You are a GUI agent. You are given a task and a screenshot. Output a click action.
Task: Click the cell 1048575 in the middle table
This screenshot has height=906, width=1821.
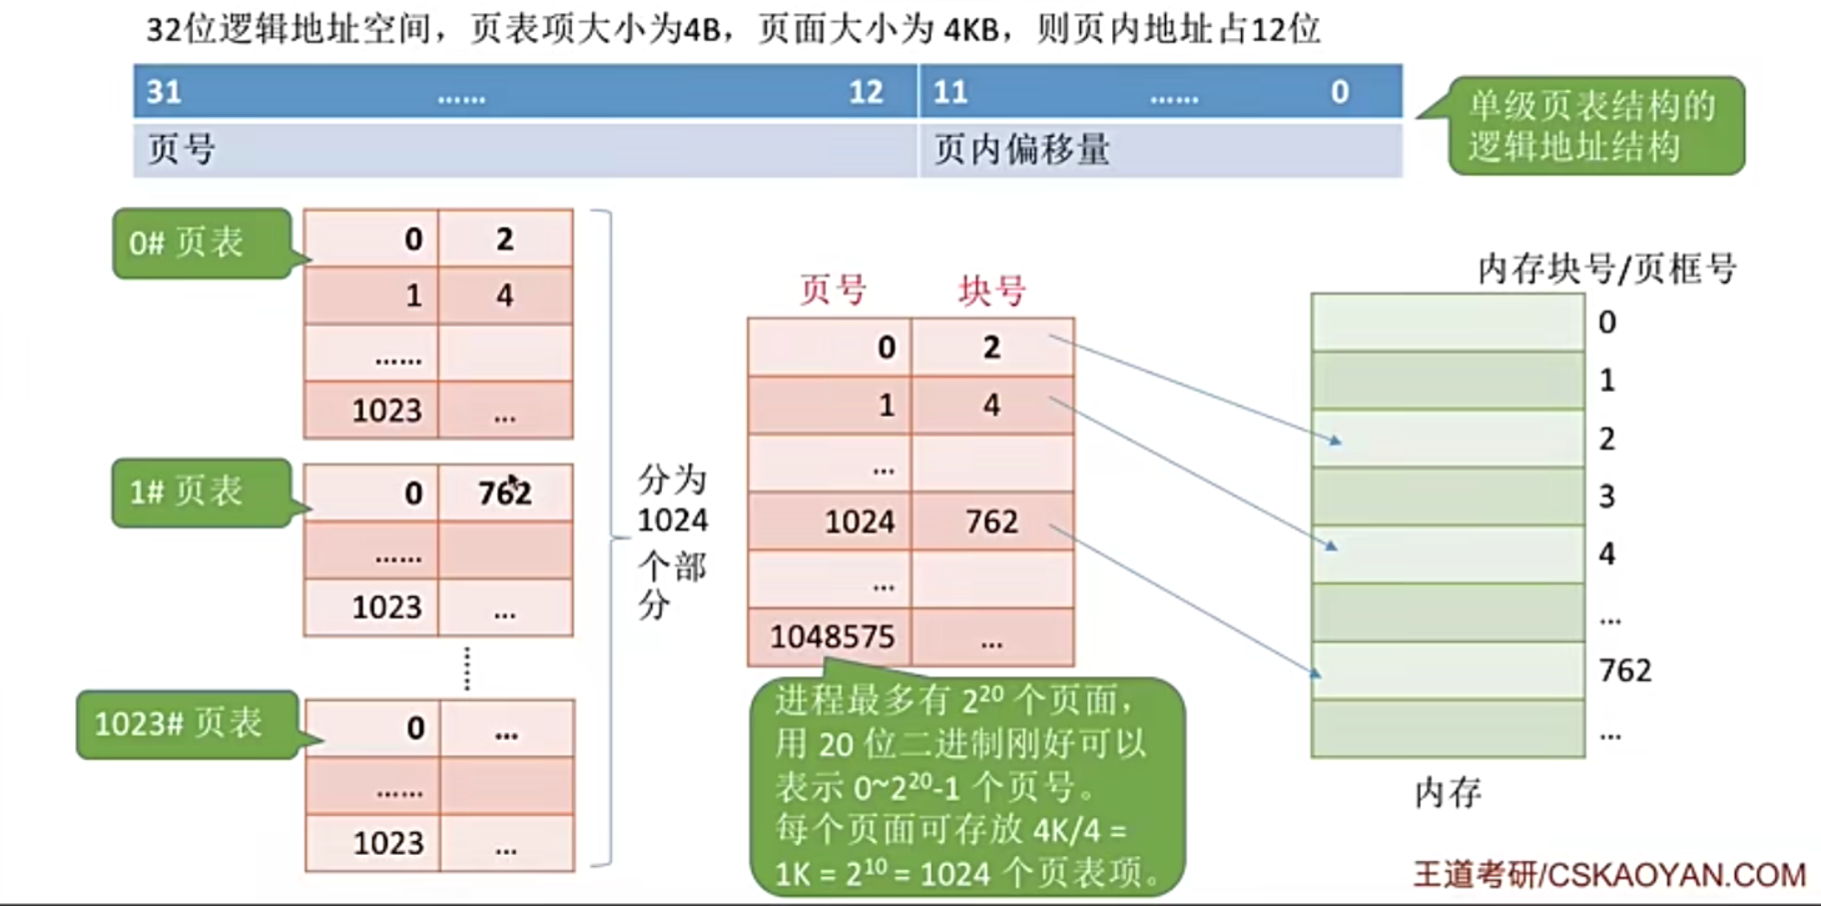click(831, 636)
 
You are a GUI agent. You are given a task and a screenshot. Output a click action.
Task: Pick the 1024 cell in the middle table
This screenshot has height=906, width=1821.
click(859, 521)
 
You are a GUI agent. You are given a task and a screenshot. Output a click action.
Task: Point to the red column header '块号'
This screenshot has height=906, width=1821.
click(991, 291)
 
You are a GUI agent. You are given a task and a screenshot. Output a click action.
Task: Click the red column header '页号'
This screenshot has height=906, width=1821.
click(833, 291)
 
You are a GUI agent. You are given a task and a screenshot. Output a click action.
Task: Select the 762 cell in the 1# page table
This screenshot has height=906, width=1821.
click(505, 492)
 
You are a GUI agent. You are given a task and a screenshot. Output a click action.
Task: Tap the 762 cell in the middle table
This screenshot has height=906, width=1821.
click(991, 521)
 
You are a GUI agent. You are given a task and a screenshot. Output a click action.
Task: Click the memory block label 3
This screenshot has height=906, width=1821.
click(1606, 496)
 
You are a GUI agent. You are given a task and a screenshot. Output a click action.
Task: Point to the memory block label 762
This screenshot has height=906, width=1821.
click(1624, 670)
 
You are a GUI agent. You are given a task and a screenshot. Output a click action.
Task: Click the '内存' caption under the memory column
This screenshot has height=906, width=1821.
click(1448, 793)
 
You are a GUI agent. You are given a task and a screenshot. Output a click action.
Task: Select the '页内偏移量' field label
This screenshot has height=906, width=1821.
click(1021, 150)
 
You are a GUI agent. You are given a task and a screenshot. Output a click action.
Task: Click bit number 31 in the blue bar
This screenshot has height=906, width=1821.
click(164, 92)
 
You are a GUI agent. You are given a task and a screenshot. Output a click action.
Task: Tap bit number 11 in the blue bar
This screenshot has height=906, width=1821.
click(949, 92)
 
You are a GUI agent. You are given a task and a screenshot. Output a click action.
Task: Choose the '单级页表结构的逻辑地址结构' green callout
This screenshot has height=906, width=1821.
click(1594, 126)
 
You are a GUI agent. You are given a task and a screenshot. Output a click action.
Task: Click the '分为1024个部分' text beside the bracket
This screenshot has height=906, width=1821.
click(672, 540)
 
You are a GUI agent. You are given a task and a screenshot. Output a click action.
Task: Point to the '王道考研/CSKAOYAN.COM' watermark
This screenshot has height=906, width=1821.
click(1608, 875)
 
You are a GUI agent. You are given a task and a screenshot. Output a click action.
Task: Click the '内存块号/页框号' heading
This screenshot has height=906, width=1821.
click(1606, 268)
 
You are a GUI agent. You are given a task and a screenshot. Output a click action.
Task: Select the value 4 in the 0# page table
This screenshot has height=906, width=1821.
click(505, 296)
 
